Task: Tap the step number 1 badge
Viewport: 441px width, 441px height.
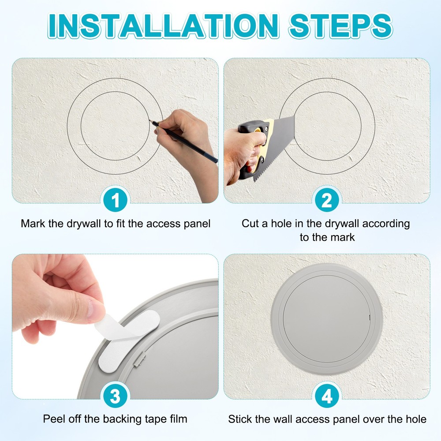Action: click(116, 201)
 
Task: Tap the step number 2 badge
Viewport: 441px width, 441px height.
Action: click(327, 201)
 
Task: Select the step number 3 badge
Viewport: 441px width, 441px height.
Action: click(116, 396)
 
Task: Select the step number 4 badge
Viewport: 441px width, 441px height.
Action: click(327, 396)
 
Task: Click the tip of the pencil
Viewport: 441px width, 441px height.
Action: click(151, 121)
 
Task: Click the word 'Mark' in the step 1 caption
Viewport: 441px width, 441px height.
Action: click(34, 223)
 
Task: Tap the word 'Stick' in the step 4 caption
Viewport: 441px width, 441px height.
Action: click(241, 419)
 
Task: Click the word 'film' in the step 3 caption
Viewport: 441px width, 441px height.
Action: click(178, 419)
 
